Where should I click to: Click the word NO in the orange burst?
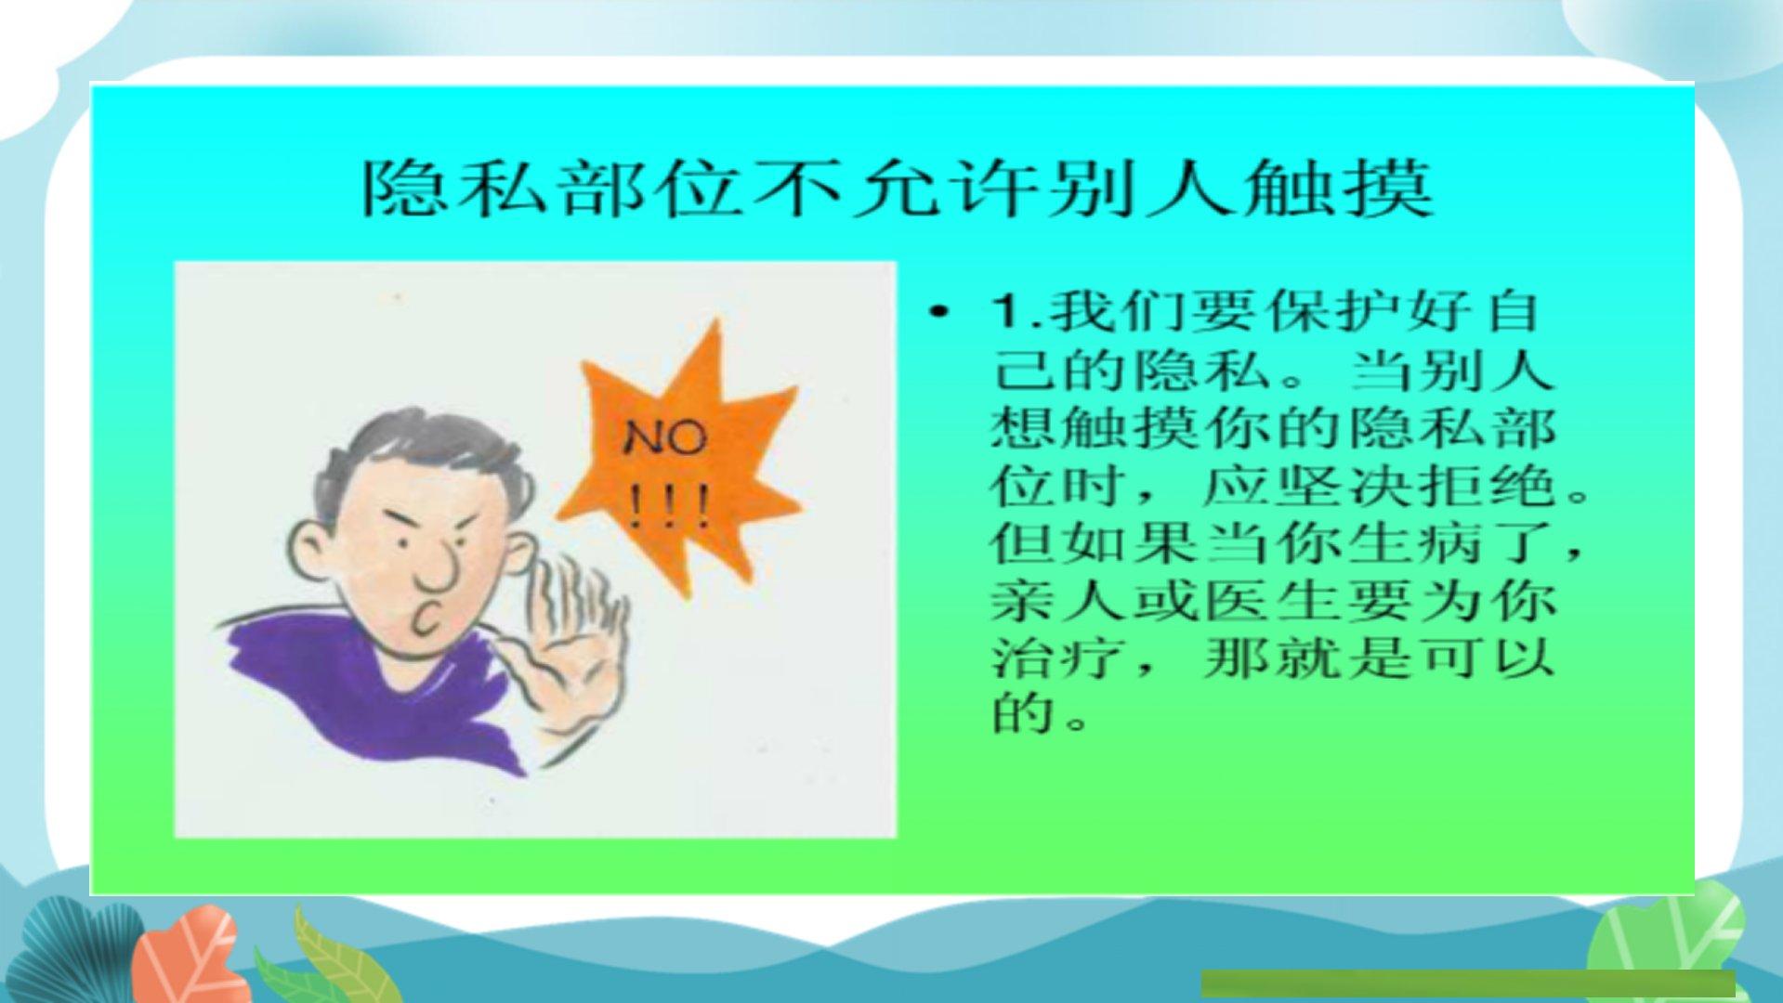[x=665, y=437]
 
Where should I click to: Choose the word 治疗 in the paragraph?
[x=1062, y=658]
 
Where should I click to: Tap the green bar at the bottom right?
[x=1468, y=983]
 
